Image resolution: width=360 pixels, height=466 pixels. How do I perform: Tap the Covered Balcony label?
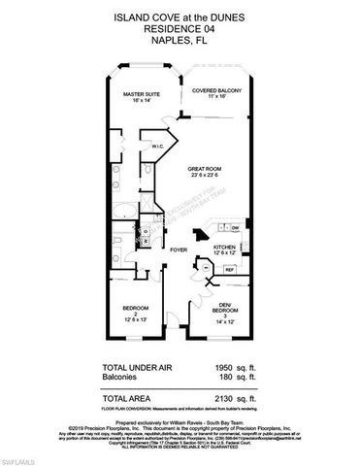(x=216, y=93)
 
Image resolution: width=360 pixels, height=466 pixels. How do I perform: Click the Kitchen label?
(x=225, y=250)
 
